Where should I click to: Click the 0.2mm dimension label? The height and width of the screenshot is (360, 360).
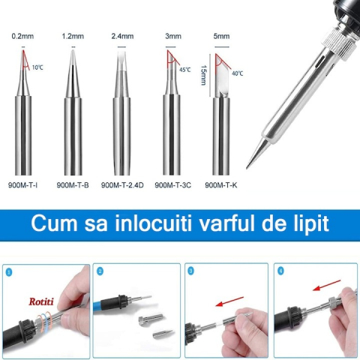(22, 36)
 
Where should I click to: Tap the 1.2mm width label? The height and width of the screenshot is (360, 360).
(73, 36)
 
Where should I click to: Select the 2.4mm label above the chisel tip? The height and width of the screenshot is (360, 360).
(122, 36)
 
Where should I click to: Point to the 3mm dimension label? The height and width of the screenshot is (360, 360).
(173, 36)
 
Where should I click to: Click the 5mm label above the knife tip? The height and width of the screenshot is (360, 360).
(221, 36)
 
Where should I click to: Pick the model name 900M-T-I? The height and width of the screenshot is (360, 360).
(22, 185)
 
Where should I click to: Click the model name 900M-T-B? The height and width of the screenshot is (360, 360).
(73, 185)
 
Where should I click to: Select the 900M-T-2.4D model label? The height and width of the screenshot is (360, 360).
(122, 185)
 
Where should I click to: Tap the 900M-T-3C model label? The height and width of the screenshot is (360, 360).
(172, 185)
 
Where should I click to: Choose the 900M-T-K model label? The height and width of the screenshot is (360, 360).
(221, 185)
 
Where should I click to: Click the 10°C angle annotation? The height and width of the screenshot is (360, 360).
(37, 67)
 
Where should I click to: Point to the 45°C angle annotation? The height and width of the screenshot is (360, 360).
(185, 70)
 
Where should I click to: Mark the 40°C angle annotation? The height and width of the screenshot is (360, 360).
(238, 73)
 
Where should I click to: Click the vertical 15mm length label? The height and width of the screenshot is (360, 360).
(204, 75)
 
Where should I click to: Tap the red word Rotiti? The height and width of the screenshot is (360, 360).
(41, 301)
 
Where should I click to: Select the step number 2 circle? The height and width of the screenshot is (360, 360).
(100, 271)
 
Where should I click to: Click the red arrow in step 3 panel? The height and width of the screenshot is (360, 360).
(229, 301)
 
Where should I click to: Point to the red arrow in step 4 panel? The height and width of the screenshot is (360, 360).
(327, 285)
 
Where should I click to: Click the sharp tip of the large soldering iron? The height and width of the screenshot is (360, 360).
(247, 168)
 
